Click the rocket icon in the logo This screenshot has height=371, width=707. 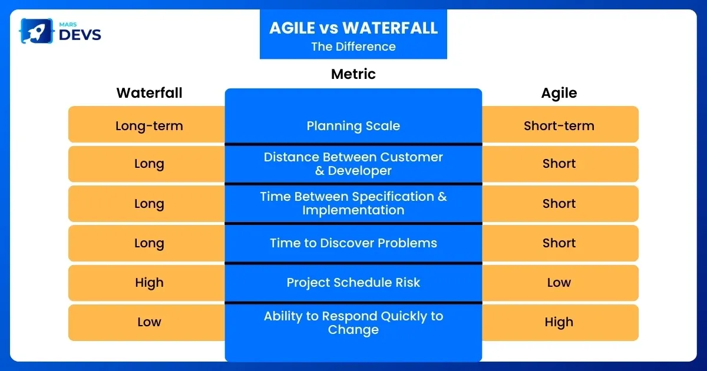pos(37,31)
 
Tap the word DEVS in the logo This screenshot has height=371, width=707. pos(80,35)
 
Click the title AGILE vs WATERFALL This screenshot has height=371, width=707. pos(353,28)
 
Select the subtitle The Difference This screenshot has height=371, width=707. pos(353,47)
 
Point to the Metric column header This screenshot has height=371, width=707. pos(353,74)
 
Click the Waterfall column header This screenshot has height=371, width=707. pos(149,93)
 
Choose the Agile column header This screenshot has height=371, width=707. pos(559,94)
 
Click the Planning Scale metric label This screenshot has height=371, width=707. pos(353,125)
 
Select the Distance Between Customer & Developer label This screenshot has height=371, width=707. pos(353,164)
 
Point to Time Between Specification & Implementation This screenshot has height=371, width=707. pos(353,203)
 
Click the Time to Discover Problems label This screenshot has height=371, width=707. pos(353,243)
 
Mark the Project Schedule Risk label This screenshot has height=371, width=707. pos(353,282)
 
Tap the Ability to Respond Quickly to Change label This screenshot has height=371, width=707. pos(353,323)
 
